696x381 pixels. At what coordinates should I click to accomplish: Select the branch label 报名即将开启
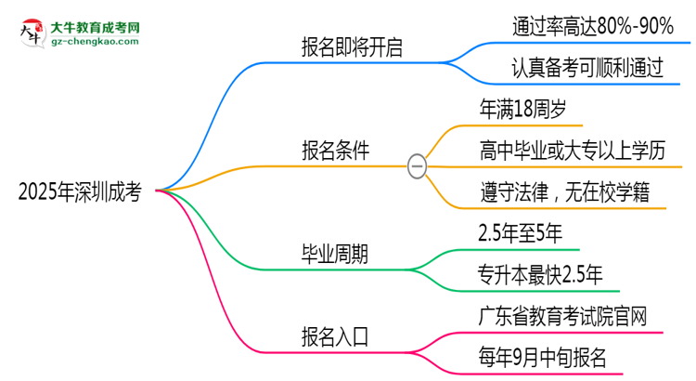tap(352, 47)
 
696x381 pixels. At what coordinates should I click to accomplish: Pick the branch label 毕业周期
tap(335, 254)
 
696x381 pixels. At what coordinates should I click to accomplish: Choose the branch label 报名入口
tap(335, 336)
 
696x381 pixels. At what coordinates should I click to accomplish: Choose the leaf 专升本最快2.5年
tap(542, 273)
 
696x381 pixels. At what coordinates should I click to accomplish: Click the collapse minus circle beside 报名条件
tap(417, 166)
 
